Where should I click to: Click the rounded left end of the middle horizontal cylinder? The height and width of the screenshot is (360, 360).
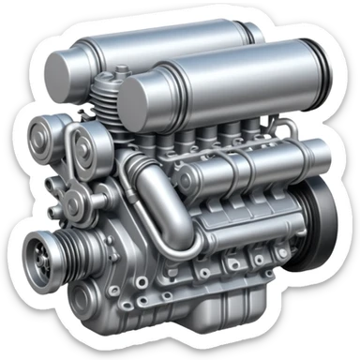(x=188, y=174)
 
